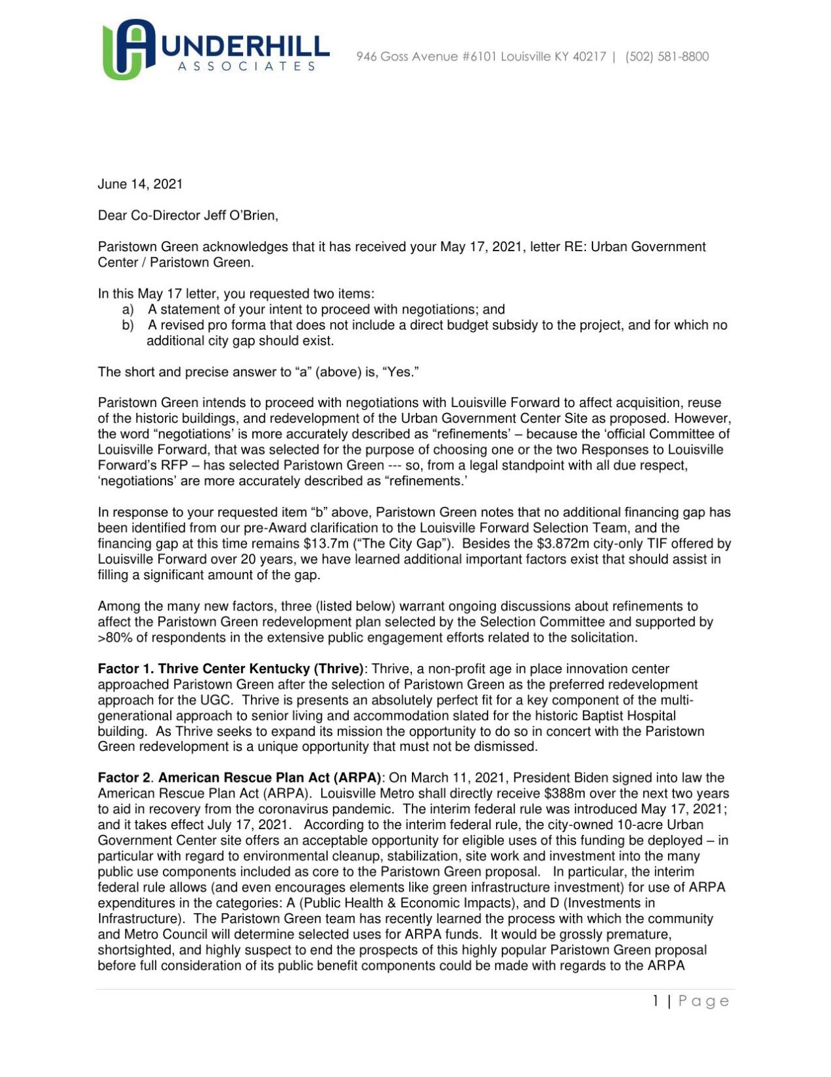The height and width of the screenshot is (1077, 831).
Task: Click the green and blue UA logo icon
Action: click(x=129, y=49)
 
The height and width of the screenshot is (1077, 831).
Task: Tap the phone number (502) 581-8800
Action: click(x=667, y=57)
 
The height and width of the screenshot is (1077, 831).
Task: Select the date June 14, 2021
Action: click(x=140, y=184)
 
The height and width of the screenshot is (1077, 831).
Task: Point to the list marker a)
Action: click(x=128, y=309)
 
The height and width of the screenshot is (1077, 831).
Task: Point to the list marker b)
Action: click(x=128, y=325)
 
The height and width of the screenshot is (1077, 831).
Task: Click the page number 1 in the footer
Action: click(x=656, y=1001)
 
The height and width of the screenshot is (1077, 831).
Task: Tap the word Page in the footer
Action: click(x=704, y=1001)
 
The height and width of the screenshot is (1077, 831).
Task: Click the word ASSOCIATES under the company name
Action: click(x=246, y=66)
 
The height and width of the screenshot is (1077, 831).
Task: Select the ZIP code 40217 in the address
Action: click(x=589, y=57)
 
